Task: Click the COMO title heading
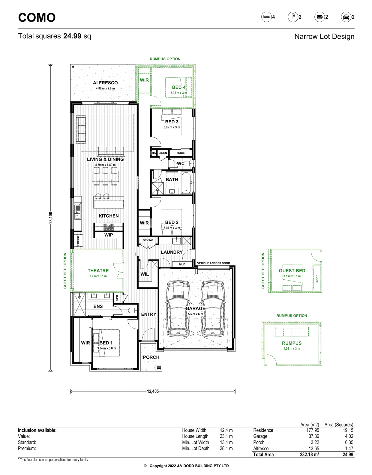point(37,17)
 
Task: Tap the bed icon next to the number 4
point(266,17)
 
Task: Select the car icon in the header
point(346,17)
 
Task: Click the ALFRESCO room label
point(105,83)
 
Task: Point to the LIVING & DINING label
point(105,159)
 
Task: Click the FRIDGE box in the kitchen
point(78,240)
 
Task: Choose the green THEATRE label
point(98,271)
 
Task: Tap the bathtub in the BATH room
point(186,183)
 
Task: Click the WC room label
point(181,164)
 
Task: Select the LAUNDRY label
point(172,252)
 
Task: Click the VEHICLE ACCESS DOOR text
point(213,263)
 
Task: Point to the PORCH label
point(151,357)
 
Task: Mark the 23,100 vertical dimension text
point(51,218)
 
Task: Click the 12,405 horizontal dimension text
point(153,391)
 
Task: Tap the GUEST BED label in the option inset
point(292,271)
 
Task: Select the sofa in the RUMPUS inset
point(292,332)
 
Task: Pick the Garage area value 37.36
point(314,436)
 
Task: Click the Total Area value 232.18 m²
point(309,455)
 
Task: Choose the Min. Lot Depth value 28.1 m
point(226,449)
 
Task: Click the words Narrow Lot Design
point(324,37)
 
